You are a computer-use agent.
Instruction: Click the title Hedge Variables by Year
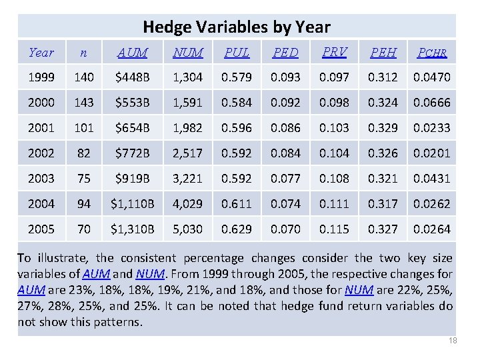coord(237,27)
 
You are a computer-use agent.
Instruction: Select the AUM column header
coord(133,52)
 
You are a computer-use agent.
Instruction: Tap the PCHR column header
coord(432,52)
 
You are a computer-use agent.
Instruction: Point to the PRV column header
coord(333,51)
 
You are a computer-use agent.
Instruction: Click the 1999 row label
coord(42,77)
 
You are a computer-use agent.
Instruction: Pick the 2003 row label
coord(42,179)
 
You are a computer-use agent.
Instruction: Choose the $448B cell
coord(133,77)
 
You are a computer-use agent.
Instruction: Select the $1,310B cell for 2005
coord(133,229)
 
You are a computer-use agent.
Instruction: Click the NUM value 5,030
coord(187,229)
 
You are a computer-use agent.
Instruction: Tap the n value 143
coord(84,103)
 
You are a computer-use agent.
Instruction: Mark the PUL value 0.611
coord(237,204)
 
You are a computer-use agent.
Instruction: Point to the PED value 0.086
coord(285,128)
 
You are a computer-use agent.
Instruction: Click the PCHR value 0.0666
coord(432,103)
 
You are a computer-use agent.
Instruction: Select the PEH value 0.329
coord(383,128)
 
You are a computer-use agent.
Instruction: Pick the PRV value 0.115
coord(333,229)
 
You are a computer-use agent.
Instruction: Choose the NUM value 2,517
coord(187,153)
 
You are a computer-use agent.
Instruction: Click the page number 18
coord(453,341)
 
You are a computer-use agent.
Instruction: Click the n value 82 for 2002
coord(84,153)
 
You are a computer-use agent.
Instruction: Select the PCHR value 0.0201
coord(432,153)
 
